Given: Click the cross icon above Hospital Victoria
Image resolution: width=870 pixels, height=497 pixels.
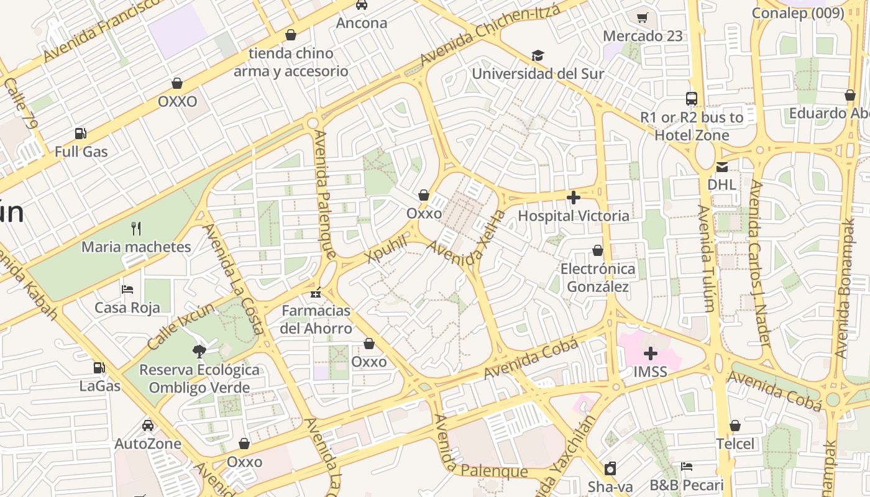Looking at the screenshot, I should [x=573, y=198].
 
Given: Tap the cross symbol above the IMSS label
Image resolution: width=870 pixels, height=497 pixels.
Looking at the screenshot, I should [x=650, y=353].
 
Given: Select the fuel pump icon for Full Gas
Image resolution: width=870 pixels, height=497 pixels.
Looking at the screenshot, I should [x=80, y=133].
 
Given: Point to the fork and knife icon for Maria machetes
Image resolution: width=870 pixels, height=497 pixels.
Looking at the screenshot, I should [x=136, y=229].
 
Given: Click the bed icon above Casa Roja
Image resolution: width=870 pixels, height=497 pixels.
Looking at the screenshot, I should [x=127, y=289].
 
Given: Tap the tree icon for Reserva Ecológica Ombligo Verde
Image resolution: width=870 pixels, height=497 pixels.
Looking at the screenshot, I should [x=199, y=352].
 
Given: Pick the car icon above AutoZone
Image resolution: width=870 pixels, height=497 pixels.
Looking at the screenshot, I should [x=147, y=426].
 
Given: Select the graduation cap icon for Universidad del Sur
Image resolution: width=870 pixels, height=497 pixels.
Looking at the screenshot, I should [x=538, y=56].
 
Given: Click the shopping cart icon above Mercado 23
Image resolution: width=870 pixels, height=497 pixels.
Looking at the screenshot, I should [x=643, y=17].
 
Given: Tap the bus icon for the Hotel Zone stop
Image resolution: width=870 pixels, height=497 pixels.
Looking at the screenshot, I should [x=691, y=98].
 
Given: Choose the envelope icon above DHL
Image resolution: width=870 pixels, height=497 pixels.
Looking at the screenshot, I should [x=721, y=166].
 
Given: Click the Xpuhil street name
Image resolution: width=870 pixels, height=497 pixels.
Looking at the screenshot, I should [x=387, y=249].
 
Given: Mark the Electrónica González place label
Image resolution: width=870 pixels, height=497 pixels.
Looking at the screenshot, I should [x=598, y=278].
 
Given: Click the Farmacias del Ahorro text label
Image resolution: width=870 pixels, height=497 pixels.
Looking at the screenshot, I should [x=316, y=319].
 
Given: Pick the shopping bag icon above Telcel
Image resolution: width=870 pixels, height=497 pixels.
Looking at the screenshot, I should [x=735, y=426].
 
